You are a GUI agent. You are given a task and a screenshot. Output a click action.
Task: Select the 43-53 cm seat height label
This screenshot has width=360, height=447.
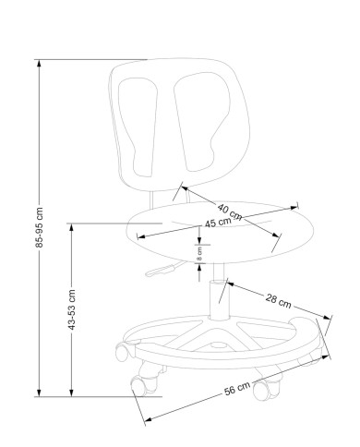pos(71,309)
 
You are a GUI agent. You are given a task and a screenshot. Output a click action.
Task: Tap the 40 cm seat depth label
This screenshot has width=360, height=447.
pos(230,211)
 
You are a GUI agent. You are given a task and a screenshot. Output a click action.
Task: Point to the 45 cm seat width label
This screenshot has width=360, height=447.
pos(218,223)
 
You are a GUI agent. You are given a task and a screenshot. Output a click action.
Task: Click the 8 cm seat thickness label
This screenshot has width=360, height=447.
pos(199,254)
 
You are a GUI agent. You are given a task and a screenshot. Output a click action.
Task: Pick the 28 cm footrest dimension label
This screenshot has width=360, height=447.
pos(278,301)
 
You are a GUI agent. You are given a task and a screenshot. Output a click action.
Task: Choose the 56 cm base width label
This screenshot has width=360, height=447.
pos(237,389)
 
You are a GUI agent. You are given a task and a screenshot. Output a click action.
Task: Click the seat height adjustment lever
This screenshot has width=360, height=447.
pos(163,269)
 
